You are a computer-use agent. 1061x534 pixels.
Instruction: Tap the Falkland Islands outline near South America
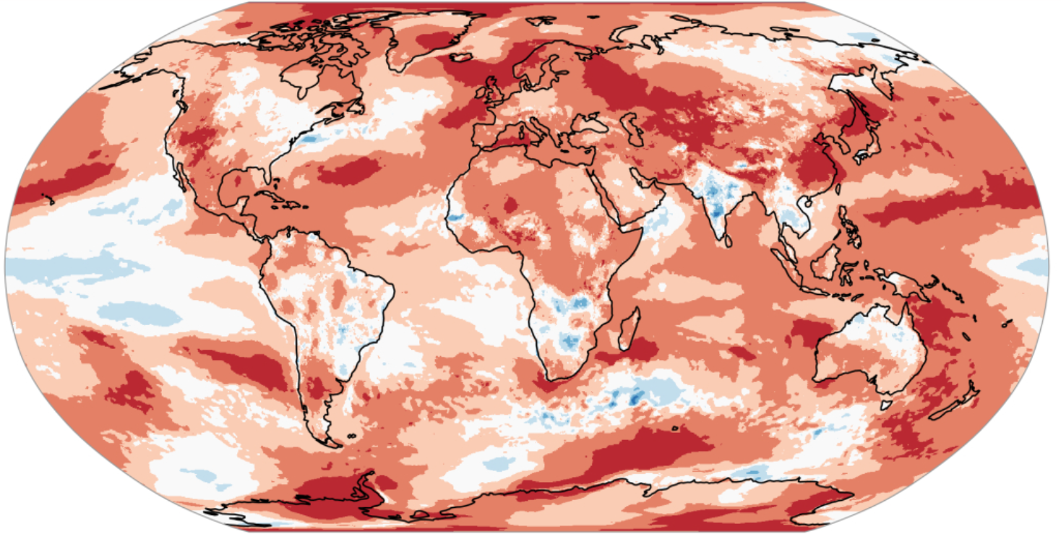point(351,436)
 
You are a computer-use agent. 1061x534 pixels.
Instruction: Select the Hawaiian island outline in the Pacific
point(51,199)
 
